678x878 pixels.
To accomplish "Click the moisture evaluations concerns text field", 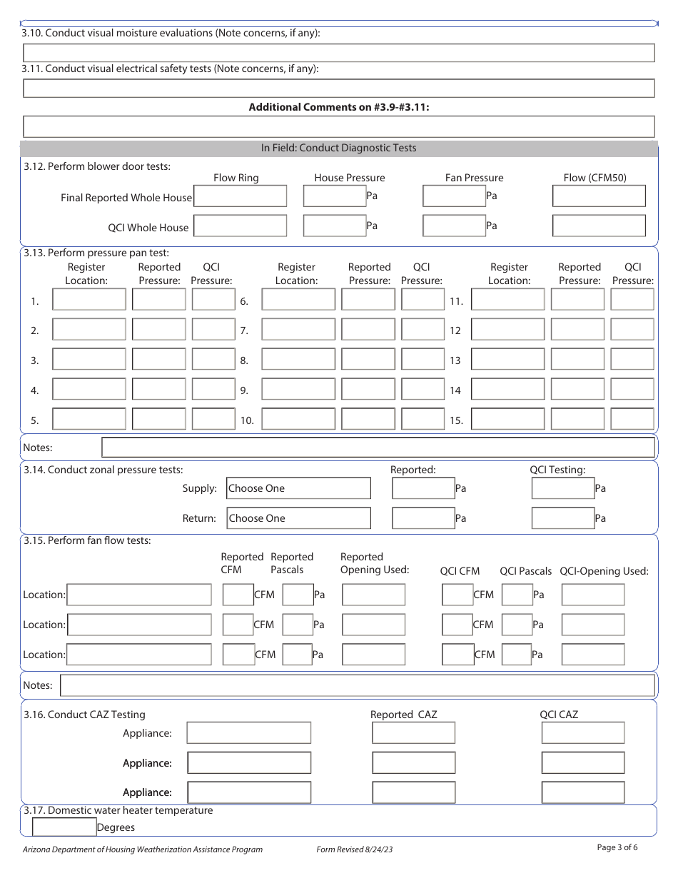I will click(x=339, y=53).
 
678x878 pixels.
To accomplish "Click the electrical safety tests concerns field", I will click(x=339, y=89).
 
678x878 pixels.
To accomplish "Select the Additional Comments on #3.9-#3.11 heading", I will click(x=339, y=107).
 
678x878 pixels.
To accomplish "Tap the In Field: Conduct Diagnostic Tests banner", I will click(x=339, y=148).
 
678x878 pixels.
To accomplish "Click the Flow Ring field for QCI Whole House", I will click(x=241, y=226).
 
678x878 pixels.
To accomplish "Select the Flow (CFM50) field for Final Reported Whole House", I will click(x=599, y=196).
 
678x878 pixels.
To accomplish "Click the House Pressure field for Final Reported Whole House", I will click(x=334, y=196).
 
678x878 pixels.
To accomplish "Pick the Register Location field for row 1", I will click(x=89, y=300).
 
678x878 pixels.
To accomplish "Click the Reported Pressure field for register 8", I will click(x=368, y=360).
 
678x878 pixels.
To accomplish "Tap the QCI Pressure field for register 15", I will click(x=632, y=419).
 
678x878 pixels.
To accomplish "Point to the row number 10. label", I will click(x=247, y=420).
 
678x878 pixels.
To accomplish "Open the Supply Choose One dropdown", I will click(x=298, y=488).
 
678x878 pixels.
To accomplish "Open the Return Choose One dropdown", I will click(x=298, y=518).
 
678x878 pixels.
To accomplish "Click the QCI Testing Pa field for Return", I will click(x=562, y=518).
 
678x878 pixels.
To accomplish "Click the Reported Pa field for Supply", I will click(x=423, y=488).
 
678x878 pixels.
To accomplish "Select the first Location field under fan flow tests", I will click(x=139, y=595).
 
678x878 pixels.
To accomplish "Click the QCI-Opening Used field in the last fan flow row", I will click(x=592, y=654).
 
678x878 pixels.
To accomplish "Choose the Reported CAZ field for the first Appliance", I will click(x=413, y=732).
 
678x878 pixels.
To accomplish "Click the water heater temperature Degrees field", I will click(x=64, y=827).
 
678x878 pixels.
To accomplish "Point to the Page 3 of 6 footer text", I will click(x=617, y=847).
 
